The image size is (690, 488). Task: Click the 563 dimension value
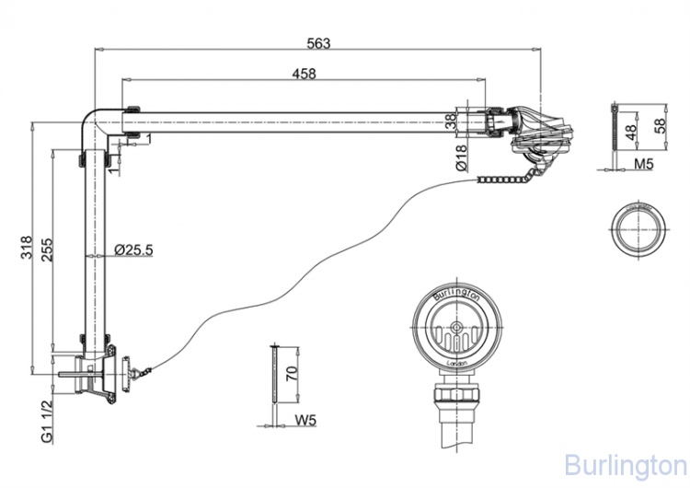click(x=318, y=42)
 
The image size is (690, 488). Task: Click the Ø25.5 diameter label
click(x=133, y=249)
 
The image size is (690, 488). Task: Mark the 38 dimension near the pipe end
click(x=451, y=120)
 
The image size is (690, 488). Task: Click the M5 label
click(x=642, y=166)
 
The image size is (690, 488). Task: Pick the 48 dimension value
click(x=631, y=130)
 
